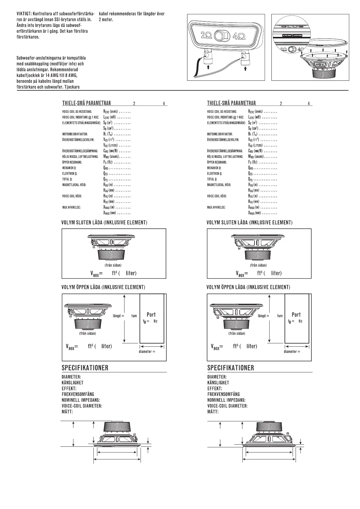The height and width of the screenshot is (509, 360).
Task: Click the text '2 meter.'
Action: pos(106,20)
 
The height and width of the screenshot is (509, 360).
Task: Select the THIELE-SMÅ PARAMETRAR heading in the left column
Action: pos(86,103)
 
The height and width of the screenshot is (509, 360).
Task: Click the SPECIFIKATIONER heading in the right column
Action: pos(231,368)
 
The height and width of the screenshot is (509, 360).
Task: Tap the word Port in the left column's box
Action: pos(151,315)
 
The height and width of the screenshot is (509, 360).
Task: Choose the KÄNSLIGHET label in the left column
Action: pos(73,383)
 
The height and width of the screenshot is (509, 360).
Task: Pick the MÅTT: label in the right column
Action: pos(213,412)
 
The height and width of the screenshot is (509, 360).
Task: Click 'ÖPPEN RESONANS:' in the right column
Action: pos(217,162)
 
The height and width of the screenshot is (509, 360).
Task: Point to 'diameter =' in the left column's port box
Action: pos(147,352)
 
